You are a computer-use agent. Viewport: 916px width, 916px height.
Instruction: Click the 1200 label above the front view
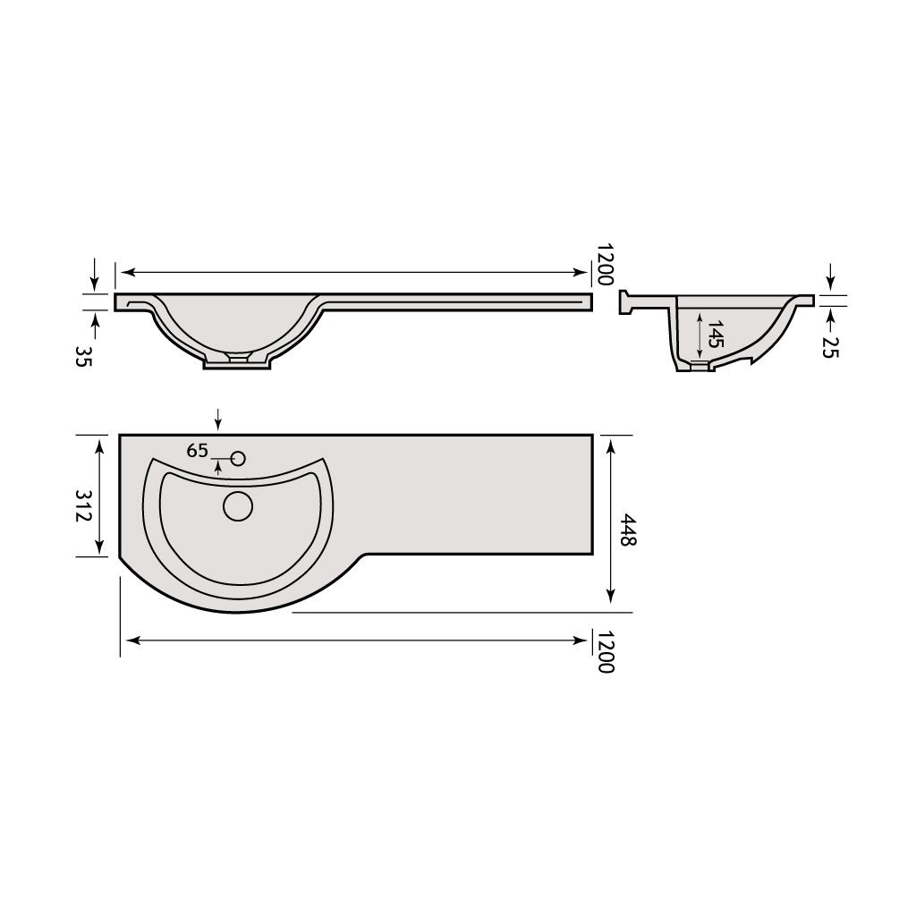click(x=606, y=265)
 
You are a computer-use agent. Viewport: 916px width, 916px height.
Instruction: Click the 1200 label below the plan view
click(x=606, y=652)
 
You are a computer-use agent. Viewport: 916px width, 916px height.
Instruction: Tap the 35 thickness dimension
click(x=83, y=356)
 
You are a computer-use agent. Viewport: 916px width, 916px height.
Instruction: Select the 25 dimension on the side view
click(x=829, y=348)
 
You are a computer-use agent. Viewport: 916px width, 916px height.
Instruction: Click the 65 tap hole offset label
click(x=198, y=451)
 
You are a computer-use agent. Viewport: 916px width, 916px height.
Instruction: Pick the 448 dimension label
click(x=628, y=530)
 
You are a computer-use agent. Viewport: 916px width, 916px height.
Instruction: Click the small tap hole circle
click(x=238, y=459)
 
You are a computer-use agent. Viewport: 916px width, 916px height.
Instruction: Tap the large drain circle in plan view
click(x=238, y=506)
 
